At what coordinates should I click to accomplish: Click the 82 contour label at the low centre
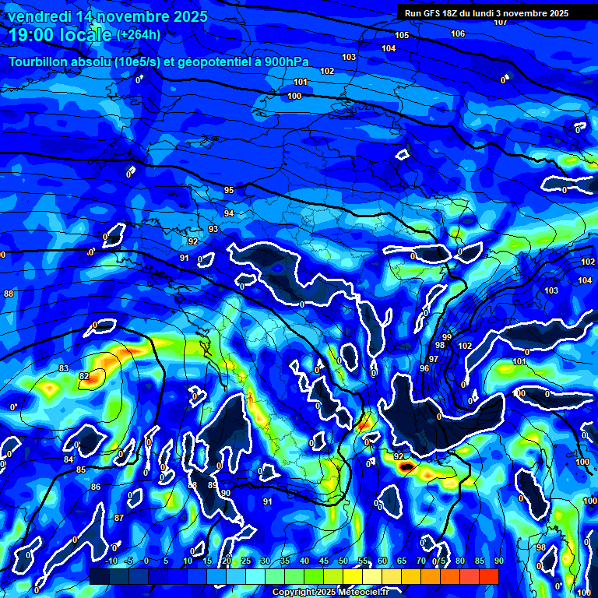point(84,376)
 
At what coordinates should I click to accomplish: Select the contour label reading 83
point(64,368)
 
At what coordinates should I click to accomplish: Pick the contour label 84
point(69,459)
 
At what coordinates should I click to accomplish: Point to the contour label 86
point(95,487)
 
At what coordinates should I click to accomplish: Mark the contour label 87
point(118,518)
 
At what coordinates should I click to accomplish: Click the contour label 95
point(229,190)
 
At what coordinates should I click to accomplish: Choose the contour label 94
point(229,213)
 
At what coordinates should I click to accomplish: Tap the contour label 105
point(402,35)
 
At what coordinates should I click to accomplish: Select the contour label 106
point(458,33)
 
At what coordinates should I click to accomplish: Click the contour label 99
point(447,336)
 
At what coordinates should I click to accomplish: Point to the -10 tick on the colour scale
point(111,561)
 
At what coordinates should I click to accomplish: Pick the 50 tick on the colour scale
point(343,561)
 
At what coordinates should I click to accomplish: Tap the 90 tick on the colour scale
point(498,561)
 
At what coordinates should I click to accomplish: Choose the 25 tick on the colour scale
point(246,561)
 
